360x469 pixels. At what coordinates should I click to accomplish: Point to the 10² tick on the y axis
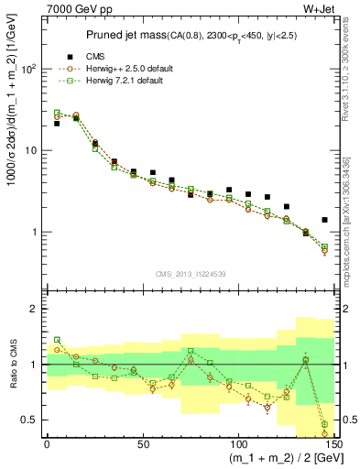[x=29, y=69]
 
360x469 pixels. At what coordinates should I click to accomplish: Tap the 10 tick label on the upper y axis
[x=31, y=150]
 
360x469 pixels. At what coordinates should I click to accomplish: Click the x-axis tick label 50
[x=142, y=444]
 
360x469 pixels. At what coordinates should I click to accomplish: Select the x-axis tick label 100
[x=237, y=444]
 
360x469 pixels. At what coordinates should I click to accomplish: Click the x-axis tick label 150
[x=333, y=444]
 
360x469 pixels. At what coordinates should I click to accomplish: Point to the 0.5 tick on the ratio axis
[x=29, y=420]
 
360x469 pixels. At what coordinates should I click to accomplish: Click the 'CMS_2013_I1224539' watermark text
[x=191, y=273]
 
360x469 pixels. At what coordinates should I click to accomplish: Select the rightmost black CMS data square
[x=324, y=220]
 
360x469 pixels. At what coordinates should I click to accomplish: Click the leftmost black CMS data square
[x=57, y=123]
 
